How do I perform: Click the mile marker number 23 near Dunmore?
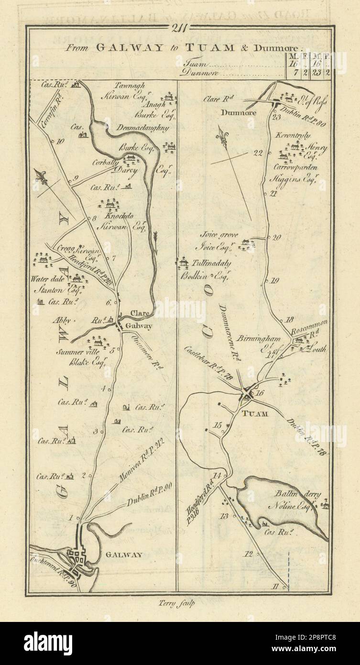pos(275,117)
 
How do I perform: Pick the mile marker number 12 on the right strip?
pos(248,554)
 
